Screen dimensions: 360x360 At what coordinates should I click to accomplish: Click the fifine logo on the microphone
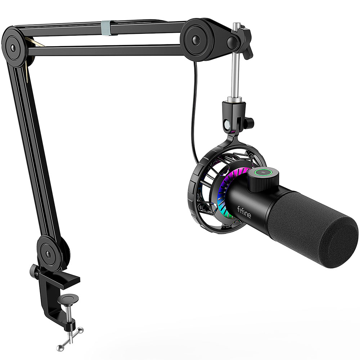244,212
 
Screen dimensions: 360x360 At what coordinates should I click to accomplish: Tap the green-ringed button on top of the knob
264,172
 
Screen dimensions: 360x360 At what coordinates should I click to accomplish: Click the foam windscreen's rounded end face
339,241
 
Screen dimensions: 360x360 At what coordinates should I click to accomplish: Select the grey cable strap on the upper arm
105,28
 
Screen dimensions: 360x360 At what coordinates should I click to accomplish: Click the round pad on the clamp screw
68,299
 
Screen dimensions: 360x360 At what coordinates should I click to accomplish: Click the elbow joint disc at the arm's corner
14,47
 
